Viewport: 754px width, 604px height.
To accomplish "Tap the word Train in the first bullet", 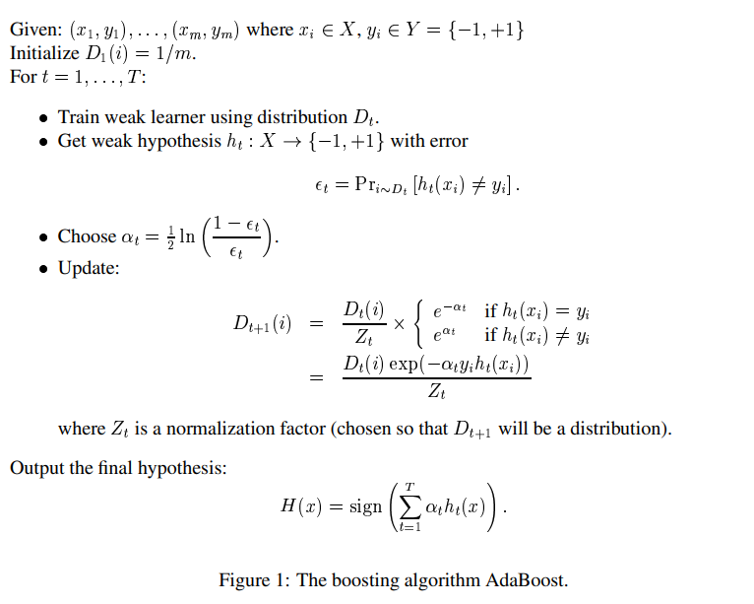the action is click(x=80, y=117).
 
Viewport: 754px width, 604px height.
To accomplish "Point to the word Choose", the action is click(x=87, y=236).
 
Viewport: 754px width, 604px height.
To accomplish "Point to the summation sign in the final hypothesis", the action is click(x=409, y=506).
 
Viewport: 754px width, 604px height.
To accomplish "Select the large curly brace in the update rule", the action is click(x=420, y=324).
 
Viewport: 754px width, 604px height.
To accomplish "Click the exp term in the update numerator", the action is click(x=406, y=365).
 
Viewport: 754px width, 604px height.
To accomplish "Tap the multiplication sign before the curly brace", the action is click(x=399, y=324).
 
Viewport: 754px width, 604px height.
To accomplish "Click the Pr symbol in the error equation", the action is click(x=369, y=186).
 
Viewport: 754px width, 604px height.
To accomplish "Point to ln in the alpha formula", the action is click(x=186, y=236).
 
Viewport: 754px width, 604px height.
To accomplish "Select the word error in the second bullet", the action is click(x=448, y=141).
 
